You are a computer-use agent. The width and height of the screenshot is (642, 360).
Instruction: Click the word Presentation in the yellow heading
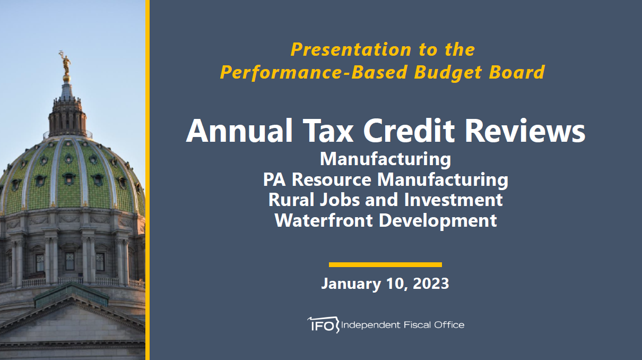point(351,49)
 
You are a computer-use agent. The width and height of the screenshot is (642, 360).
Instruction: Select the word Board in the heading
point(517,72)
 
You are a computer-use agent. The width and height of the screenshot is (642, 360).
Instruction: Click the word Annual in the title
point(239,131)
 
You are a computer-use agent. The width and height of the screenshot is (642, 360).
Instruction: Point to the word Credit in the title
point(409,131)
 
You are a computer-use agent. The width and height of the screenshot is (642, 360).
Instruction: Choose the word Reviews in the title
point(525,131)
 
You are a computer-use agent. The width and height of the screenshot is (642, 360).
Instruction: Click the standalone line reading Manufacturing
point(385,159)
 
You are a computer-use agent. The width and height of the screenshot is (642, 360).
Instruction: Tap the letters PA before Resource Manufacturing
point(274,179)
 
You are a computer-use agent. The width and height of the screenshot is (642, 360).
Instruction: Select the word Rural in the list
point(291,200)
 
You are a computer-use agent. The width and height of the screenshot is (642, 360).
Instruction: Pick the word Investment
point(453,200)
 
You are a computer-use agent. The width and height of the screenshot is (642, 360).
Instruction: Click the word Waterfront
point(324,220)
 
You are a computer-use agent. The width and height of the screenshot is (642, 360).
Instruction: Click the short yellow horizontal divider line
point(385,264)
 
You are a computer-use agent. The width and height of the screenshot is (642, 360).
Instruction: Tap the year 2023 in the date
point(431,284)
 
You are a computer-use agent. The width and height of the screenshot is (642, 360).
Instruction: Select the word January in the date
point(351,284)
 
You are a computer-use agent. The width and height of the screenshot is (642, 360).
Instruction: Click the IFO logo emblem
point(323,325)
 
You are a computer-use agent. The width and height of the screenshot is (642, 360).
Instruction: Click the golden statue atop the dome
point(66,63)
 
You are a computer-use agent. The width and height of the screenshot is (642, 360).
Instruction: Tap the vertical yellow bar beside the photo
point(148,180)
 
